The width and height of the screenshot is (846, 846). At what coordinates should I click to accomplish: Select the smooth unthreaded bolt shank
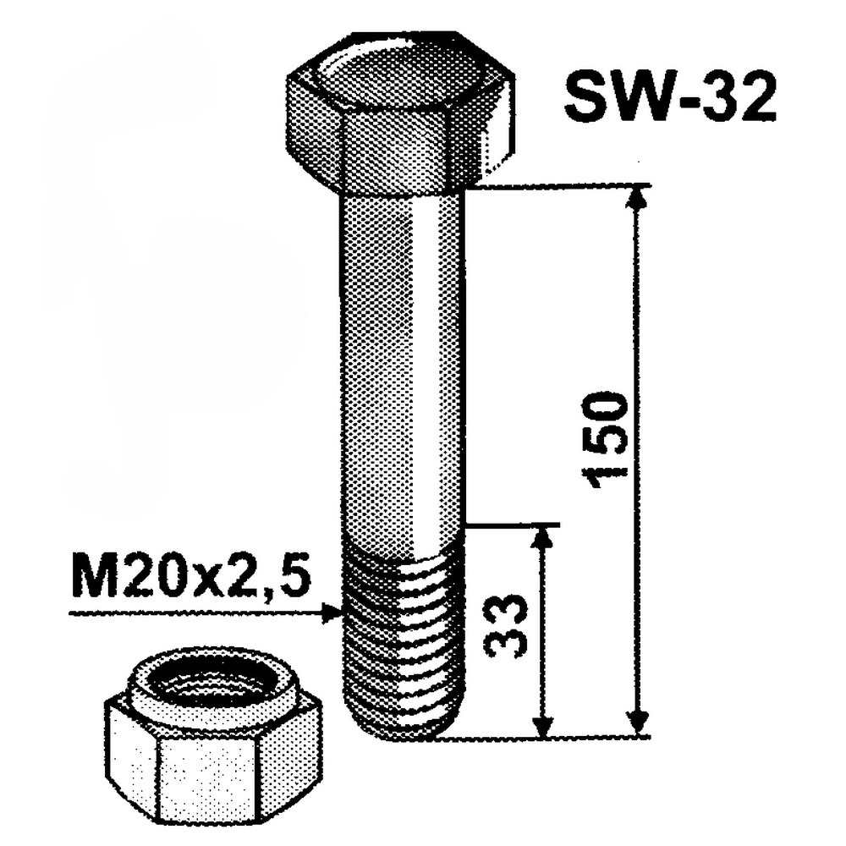point(402,364)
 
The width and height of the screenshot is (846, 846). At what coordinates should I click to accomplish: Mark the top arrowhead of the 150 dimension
point(639,197)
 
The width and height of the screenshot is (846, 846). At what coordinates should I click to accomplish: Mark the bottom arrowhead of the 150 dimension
point(639,723)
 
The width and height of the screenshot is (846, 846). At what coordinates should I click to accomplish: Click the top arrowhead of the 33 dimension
point(544,536)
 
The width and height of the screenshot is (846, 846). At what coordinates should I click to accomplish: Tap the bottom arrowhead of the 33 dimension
point(544,724)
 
